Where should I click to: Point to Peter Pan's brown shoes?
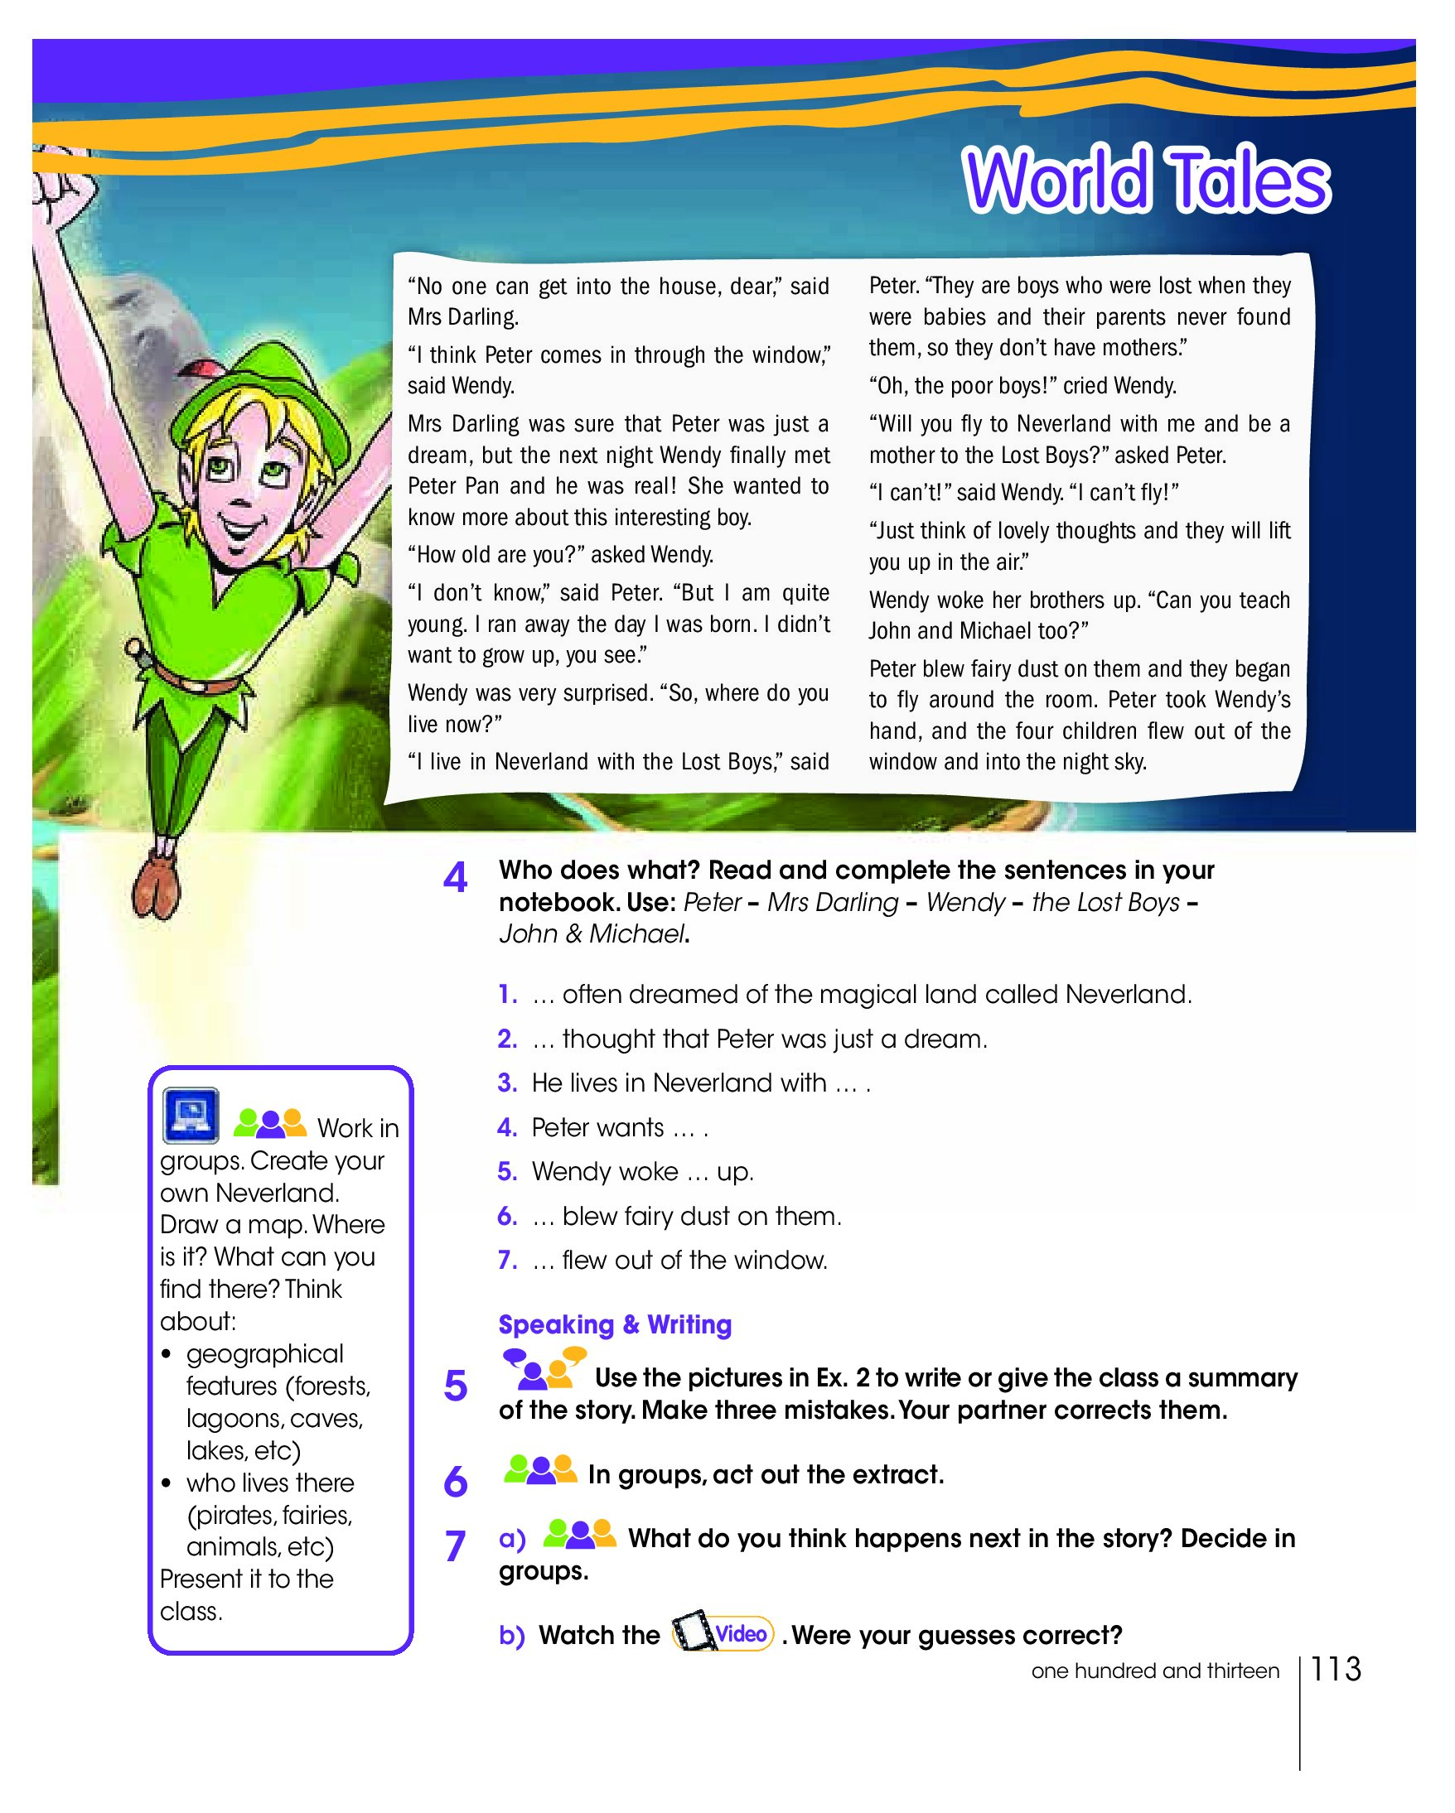pos(157,888)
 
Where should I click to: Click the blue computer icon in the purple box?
pos(191,1116)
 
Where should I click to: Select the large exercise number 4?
pos(455,879)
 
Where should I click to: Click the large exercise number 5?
pos(455,1386)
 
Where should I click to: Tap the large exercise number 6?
pos(455,1481)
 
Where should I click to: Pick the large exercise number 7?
pos(455,1545)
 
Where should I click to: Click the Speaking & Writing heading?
pos(615,1324)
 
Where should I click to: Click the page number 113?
pos(1336,1669)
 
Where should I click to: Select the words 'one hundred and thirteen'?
pos(1155,1671)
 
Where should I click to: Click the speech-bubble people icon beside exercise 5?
pos(544,1369)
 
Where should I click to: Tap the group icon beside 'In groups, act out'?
pos(540,1470)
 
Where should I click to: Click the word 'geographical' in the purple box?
pos(265,1354)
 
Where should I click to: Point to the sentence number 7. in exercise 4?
pos(507,1260)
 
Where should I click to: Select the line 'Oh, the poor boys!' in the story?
pos(1022,386)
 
